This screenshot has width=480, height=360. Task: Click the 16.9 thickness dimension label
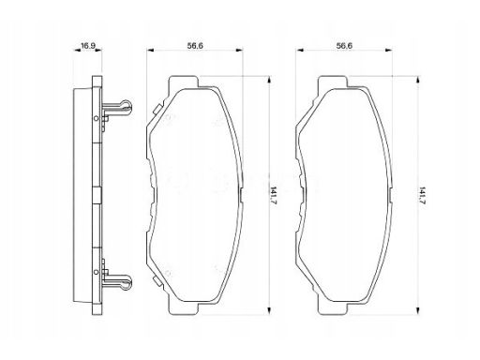coord(88,46)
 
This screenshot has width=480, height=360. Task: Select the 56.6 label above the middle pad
coord(195,46)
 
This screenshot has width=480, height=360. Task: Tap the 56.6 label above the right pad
coord(344,46)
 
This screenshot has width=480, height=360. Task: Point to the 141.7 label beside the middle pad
coord(273,196)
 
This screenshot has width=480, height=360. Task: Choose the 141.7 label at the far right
coord(423,196)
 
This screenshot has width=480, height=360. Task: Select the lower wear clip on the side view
coord(117,282)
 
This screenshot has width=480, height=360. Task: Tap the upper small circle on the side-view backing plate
coord(97,118)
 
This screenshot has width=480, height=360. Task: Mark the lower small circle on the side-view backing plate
coord(97,272)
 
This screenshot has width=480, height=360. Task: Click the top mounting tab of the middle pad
coord(184,82)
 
